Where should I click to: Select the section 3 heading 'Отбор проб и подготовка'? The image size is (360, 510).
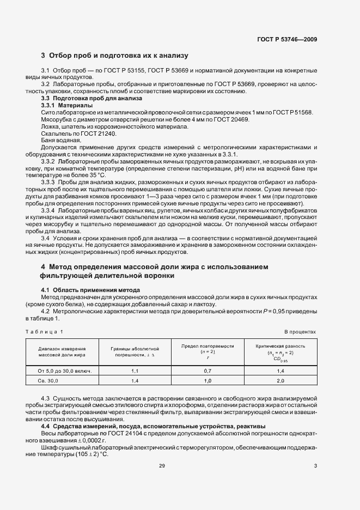click(114, 56)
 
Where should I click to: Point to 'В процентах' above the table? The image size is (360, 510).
click(300, 331)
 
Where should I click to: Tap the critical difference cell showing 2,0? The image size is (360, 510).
click(280, 381)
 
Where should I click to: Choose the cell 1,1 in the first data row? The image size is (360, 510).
click(136, 371)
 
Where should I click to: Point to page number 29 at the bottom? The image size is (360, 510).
click(162, 465)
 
